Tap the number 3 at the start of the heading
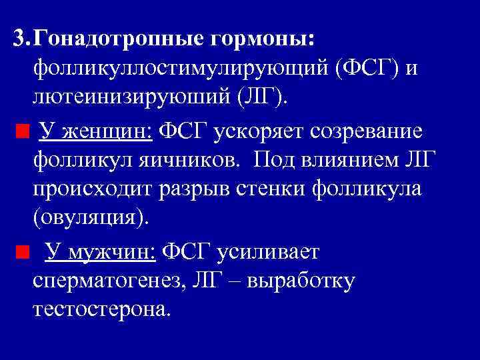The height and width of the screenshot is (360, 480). point(19,39)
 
